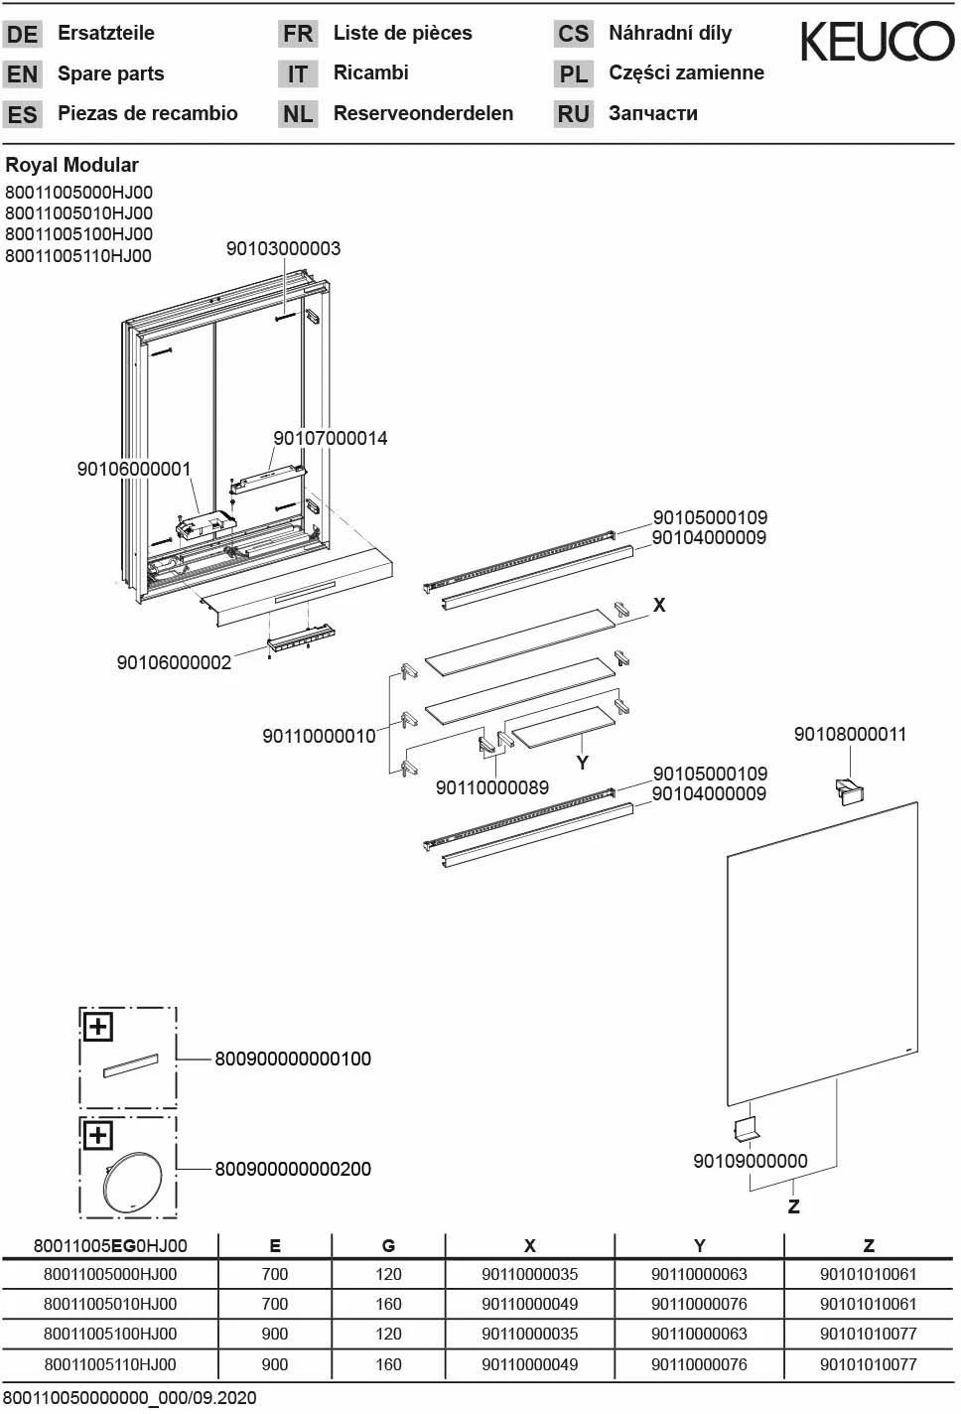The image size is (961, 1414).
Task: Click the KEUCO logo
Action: click(877, 42)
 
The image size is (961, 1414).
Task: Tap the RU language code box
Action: click(573, 114)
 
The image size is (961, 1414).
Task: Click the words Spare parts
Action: click(110, 73)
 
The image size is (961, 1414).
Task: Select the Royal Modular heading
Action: click(71, 165)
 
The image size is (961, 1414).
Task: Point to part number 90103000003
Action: click(283, 248)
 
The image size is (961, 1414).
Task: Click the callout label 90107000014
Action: click(330, 438)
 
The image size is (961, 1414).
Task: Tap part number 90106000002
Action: click(174, 662)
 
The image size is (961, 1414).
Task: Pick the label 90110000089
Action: click(491, 787)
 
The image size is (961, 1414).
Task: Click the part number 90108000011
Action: click(850, 734)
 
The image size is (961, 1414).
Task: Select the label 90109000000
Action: click(750, 1161)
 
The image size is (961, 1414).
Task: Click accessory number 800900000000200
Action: click(293, 1169)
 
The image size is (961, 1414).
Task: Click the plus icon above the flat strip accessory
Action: click(97, 1027)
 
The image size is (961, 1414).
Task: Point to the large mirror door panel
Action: click(822, 953)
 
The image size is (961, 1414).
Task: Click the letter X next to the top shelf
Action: click(659, 605)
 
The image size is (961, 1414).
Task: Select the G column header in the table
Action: click(388, 1246)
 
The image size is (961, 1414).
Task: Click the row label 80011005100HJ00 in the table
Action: click(110, 1334)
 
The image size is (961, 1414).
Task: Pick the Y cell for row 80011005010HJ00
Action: click(699, 1304)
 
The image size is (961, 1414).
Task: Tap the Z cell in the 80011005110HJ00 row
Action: click(868, 1364)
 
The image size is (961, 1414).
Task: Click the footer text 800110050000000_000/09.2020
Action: click(129, 1398)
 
